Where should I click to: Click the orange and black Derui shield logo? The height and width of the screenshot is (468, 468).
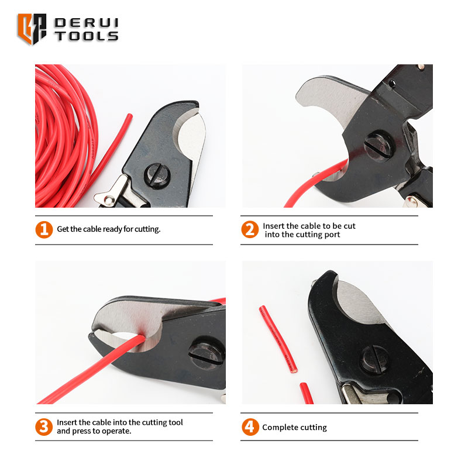pos(32,29)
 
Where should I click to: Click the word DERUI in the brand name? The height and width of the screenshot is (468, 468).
pos(87,23)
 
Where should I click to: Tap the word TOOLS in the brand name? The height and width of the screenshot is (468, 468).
pos(87,36)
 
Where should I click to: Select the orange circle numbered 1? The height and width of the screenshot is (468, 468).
pos(44,229)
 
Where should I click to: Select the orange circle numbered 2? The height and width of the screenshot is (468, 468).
pos(250,229)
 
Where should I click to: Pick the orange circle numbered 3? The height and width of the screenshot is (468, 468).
pos(44,427)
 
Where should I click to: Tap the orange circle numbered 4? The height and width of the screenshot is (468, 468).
pos(250,427)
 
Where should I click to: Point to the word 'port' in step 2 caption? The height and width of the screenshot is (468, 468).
pos(332,235)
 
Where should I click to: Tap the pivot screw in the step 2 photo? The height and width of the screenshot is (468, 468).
pos(378,147)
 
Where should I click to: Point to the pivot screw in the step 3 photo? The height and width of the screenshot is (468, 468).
pos(207,353)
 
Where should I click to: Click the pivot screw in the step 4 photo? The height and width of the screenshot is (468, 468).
pos(375,359)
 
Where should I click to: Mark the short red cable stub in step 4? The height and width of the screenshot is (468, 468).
pos(306,393)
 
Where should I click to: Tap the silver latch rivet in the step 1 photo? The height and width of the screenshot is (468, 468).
pos(109,199)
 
